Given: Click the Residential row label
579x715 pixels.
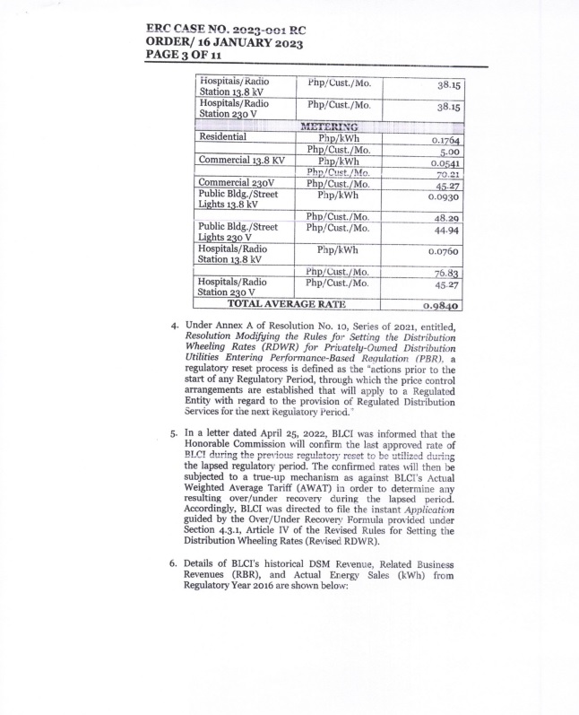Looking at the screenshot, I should coord(224,137).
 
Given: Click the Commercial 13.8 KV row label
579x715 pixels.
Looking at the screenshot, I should coord(238,160).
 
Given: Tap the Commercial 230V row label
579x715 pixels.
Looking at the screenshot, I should coord(231,183).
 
